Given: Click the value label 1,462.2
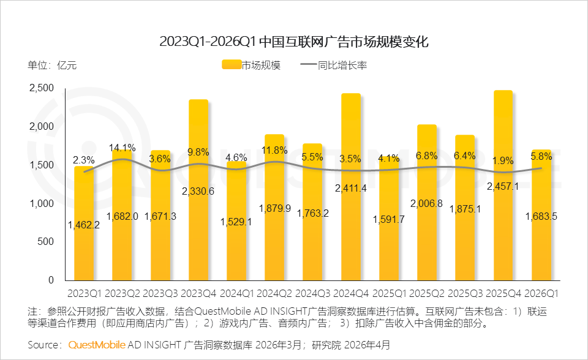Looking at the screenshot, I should point(84,225).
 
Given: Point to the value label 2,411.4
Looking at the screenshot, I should point(351,188).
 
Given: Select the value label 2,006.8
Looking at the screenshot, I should point(427,203).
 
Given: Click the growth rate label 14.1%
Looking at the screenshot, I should point(122,148).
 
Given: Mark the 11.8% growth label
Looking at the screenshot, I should point(274,151).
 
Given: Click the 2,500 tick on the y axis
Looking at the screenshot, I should point(42,88).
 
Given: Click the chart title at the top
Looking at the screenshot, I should point(293,42).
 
